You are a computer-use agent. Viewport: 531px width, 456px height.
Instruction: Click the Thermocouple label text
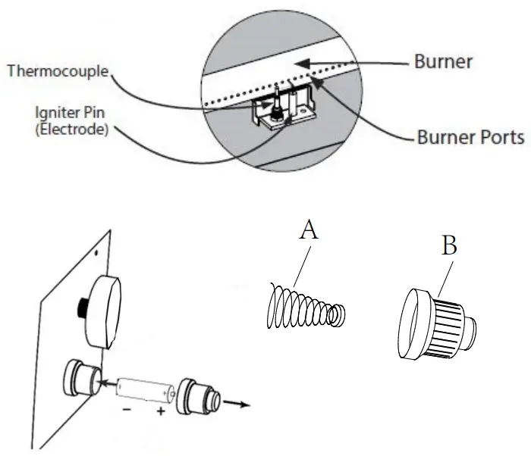point(58,72)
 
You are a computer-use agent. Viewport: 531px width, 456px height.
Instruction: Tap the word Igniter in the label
point(52,113)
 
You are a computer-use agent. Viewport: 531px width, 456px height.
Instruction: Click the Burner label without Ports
point(442,61)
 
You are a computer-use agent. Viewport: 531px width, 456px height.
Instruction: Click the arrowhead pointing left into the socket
point(102,383)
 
